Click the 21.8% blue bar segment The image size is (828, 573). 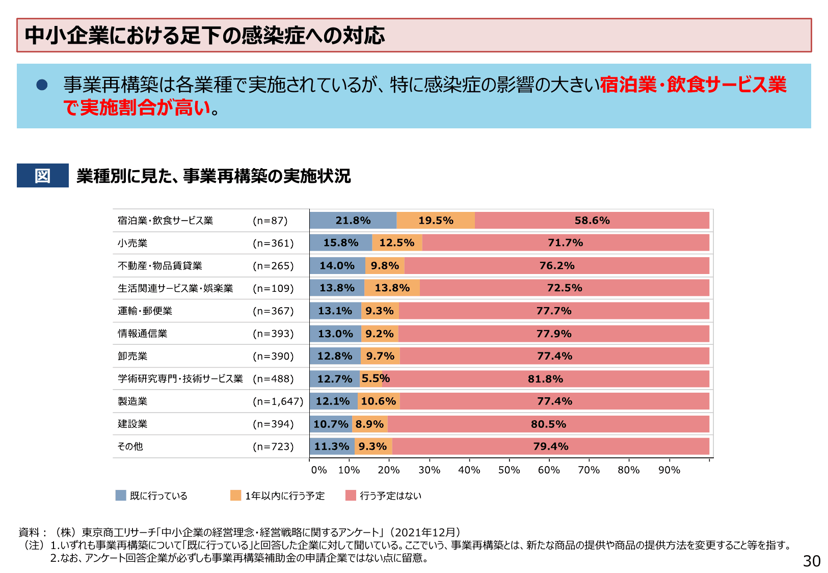353,221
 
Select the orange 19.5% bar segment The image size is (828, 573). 436,221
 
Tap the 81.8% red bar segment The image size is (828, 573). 545,379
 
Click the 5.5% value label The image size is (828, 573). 376,378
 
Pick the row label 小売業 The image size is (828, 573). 132,243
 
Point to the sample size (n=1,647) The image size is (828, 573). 278,401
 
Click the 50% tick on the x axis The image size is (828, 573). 509,470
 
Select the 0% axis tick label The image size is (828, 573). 319,470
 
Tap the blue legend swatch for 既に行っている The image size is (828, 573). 121,496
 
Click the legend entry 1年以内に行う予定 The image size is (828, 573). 284,496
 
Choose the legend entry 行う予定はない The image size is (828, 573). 390,496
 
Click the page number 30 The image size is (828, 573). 812,561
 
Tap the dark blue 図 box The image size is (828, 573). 43,176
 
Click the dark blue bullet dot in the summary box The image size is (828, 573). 42,85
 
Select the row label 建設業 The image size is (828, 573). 132,424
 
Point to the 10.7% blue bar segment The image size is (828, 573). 331,424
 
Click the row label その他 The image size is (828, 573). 130,446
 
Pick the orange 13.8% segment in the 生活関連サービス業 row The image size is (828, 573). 392,288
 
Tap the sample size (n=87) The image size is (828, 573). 270,221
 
